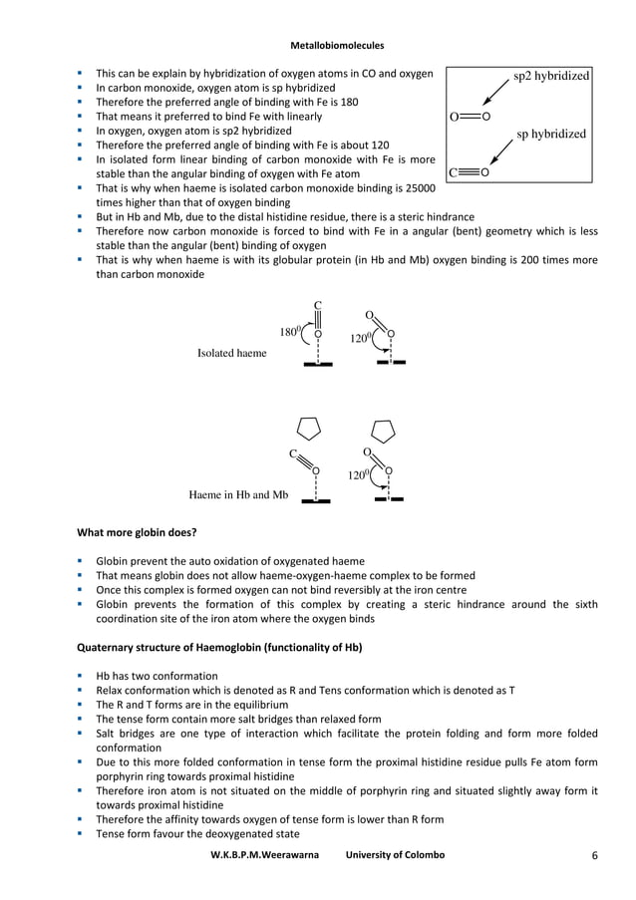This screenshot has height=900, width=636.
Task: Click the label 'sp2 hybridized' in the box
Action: [550, 75]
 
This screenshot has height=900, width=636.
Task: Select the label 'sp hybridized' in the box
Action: [550, 134]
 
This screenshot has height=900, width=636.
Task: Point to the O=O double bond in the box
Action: [470, 116]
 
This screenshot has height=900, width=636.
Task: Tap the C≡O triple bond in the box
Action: [470, 172]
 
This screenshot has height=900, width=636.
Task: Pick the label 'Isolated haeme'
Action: [231, 353]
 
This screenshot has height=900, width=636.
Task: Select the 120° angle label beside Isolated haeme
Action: [360, 338]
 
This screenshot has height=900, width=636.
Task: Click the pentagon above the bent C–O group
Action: [310, 428]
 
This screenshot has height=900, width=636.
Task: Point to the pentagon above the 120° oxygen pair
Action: [383, 430]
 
